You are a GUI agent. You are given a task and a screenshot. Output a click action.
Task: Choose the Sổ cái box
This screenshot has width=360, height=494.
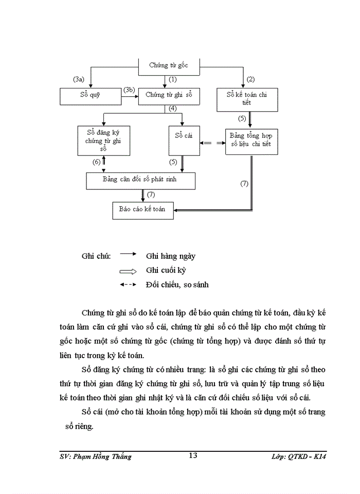click(x=184, y=140)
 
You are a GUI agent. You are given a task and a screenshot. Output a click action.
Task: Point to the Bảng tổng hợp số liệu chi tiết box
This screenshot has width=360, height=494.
click(x=252, y=142)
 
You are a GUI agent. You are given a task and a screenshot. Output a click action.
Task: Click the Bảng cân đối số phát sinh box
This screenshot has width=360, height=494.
click(x=141, y=181)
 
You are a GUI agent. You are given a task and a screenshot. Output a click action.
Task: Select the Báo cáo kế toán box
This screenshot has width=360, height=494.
click(x=142, y=210)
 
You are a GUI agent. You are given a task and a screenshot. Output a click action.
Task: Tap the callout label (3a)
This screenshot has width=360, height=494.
click(x=78, y=79)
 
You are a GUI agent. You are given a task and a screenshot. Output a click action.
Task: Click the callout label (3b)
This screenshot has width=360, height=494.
click(x=129, y=91)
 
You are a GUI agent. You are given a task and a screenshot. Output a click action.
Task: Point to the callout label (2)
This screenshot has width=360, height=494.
click(x=251, y=79)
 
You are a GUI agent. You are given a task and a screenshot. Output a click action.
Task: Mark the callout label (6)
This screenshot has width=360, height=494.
click(x=96, y=162)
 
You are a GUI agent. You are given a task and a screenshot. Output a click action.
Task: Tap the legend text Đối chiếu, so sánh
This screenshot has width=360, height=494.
click(x=177, y=284)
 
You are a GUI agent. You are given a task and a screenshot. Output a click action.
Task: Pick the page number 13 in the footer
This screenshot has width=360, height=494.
click(x=193, y=455)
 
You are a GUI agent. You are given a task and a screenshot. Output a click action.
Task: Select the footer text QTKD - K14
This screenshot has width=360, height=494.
click(x=312, y=456)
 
